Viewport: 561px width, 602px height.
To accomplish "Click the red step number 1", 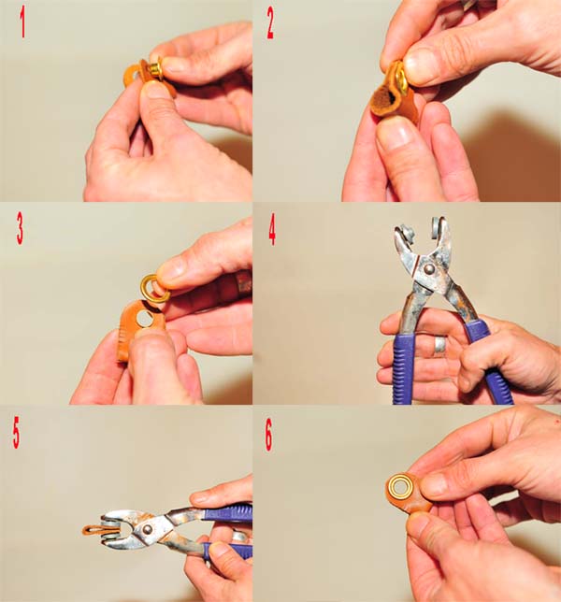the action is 22,24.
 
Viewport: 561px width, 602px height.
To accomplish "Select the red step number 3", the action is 20,230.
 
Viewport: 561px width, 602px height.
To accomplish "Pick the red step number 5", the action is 17,436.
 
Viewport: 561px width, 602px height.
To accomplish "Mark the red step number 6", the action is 268,437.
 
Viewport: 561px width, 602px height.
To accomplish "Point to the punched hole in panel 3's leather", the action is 145,319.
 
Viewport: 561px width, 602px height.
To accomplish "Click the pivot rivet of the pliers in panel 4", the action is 430,269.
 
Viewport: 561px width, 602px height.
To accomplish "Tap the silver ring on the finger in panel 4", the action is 440,344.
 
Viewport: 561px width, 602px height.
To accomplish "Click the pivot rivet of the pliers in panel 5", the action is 146,530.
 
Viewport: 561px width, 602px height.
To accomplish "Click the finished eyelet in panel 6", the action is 402,488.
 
